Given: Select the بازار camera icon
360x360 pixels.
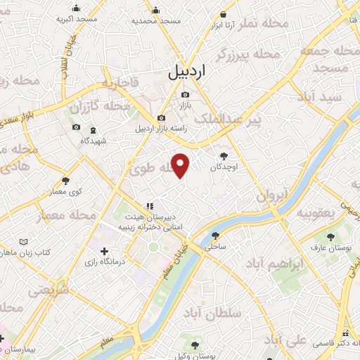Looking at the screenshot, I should tap(185, 95).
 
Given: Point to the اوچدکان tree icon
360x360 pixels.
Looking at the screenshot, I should tap(224, 156).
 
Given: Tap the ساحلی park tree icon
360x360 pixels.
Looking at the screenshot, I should tap(215, 236).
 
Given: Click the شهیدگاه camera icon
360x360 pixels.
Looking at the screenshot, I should tap(76, 129).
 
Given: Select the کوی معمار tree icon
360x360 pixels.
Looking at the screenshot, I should tap(65, 181).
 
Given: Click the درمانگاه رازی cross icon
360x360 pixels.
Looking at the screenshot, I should tap(105, 251).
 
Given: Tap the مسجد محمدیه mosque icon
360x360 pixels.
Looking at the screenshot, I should tap(156, 11).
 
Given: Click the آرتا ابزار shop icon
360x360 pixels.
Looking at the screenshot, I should tap(224, 14).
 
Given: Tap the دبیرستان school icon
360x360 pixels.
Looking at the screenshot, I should tap(148, 206).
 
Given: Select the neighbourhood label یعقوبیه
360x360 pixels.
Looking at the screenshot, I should tap(317, 212).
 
